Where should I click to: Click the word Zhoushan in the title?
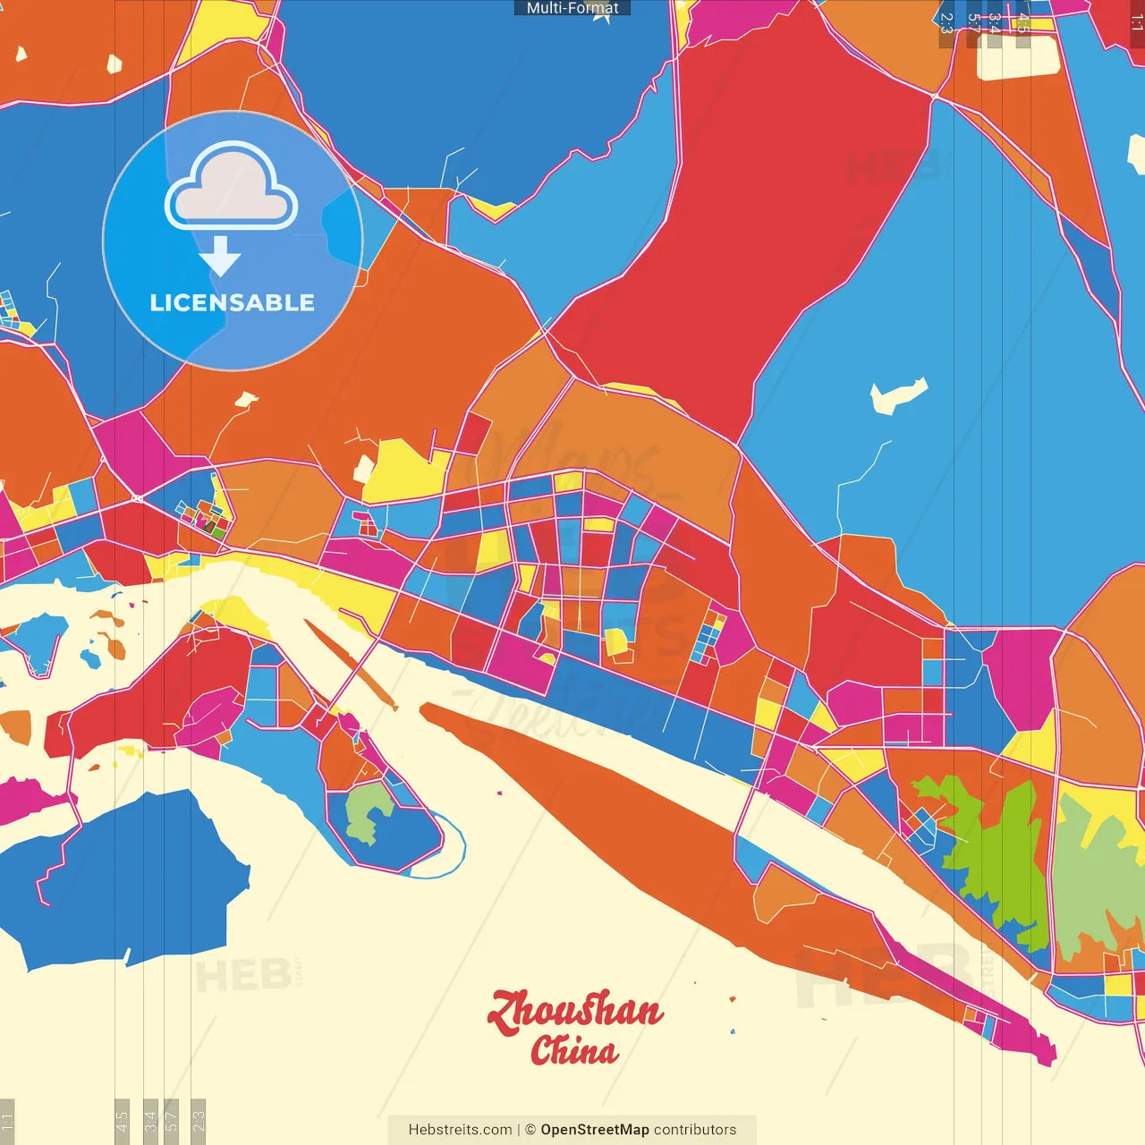574,1011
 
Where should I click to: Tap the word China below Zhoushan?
573,1050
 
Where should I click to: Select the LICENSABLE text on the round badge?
232,302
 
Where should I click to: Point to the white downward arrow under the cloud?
220,256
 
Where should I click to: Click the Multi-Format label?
572,8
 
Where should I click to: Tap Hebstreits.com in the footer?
460,1130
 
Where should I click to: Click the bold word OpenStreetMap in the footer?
594,1130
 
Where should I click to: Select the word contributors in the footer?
695,1130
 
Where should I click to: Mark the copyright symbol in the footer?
530,1130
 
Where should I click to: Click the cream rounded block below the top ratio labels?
1018,59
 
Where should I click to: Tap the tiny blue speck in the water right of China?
733,1031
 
